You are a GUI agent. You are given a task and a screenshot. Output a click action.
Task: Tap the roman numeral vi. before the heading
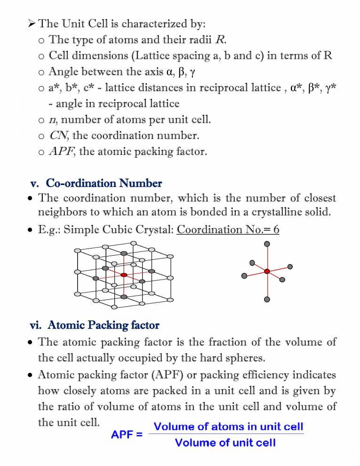click(36, 325)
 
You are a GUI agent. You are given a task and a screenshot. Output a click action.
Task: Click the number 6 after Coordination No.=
click(276, 230)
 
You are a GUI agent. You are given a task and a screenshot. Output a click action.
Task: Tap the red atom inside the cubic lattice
click(124, 275)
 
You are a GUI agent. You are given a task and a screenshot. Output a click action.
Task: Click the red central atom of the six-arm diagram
click(267, 271)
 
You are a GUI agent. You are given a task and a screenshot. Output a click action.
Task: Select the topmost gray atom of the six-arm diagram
click(267, 244)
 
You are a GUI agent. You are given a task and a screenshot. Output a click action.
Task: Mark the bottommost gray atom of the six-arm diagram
click(267, 299)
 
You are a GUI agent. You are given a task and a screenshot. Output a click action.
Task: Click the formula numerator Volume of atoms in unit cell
click(230, 427)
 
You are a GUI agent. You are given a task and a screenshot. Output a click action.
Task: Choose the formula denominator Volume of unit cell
click(225, 443)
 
